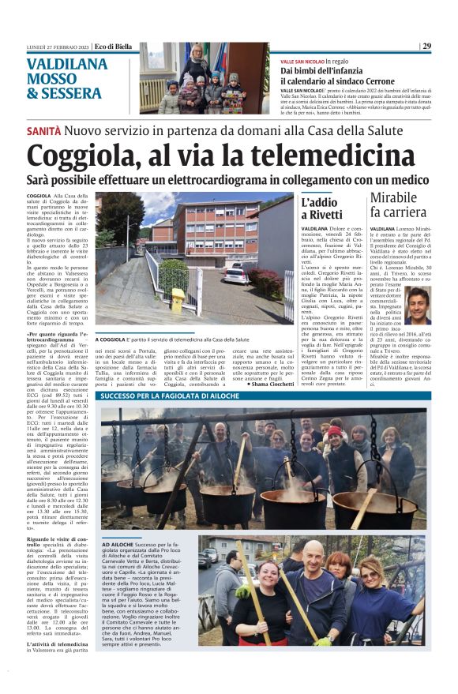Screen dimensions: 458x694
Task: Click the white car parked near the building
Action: [235, 275]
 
